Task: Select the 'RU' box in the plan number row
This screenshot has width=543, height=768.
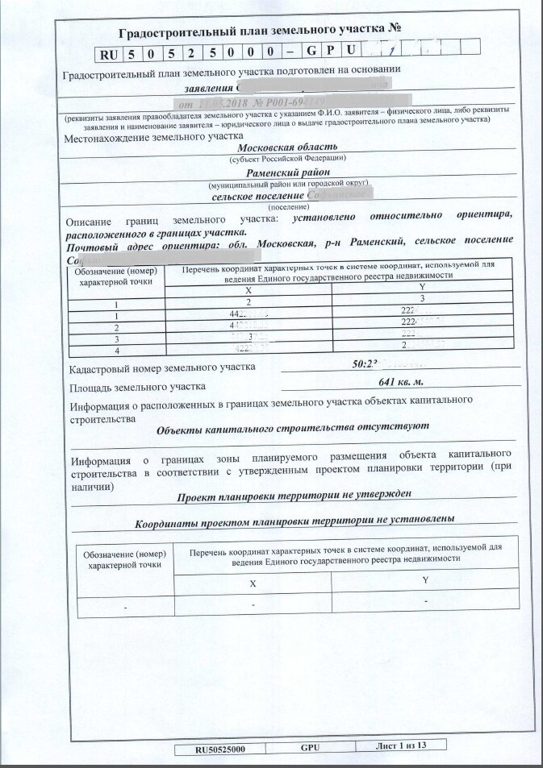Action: [x=109, y=54]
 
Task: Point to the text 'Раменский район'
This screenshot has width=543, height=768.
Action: [x=288, y=172]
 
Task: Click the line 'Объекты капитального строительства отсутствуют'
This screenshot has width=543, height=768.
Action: [x=293, y=427]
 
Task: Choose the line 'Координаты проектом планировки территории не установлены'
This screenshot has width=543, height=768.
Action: [x=294, y=520]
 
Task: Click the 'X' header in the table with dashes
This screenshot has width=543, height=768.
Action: [x=253, y=583]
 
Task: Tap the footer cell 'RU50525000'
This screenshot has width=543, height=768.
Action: [x=220, y=748]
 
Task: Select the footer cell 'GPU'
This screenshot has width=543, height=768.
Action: [x=311, y=747]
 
